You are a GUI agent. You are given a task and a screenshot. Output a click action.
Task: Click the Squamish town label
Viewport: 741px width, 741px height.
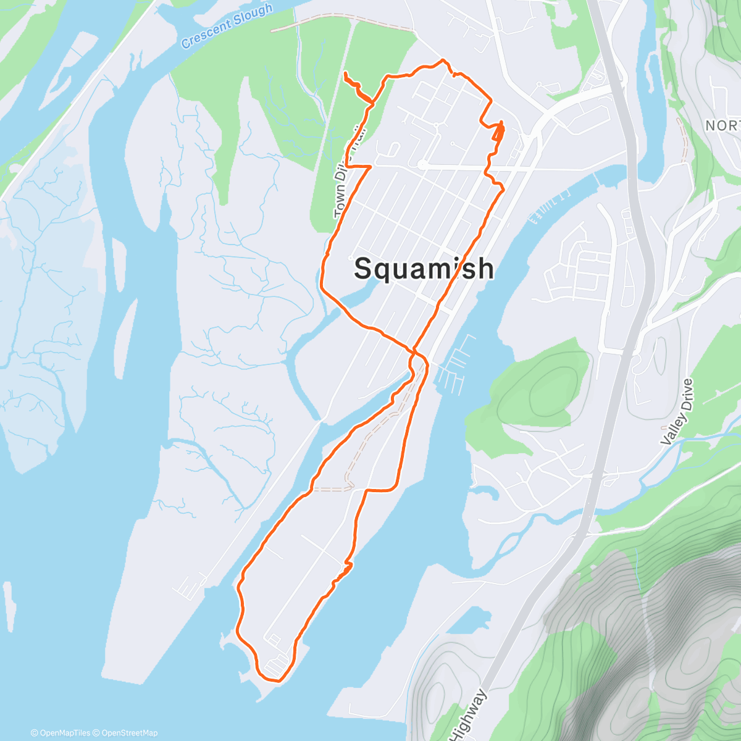424,269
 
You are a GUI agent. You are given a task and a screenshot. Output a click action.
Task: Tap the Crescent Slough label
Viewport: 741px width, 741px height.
227,25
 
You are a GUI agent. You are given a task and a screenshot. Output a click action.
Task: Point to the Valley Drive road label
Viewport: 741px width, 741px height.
677,412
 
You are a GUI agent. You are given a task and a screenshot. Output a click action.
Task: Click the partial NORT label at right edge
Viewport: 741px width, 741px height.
722,126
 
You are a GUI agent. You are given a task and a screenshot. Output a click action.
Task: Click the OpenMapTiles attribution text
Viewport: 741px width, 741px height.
61,733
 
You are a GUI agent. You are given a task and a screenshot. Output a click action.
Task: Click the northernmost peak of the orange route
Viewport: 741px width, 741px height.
442,61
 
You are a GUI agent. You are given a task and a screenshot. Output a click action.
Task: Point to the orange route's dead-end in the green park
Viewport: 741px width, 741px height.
344,74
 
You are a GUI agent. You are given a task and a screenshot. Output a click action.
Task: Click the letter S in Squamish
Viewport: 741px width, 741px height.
364,269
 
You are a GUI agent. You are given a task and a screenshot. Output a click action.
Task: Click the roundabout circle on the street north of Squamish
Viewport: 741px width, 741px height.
422,165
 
